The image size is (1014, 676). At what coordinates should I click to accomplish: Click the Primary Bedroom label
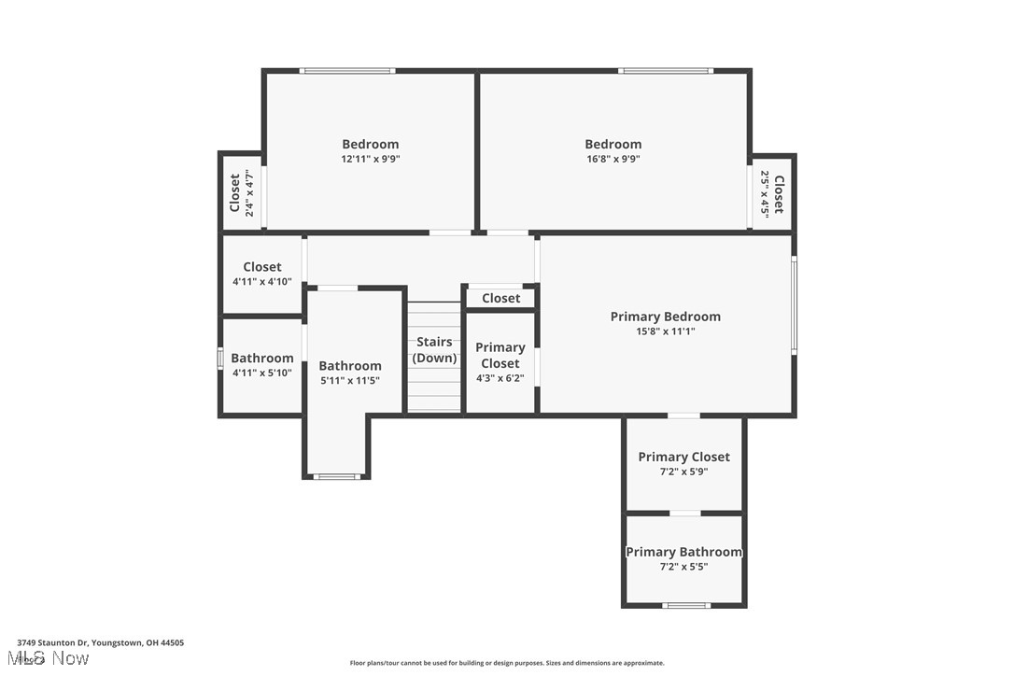(x=665, y=317)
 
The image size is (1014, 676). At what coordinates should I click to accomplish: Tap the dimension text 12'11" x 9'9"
(x=370, y=159)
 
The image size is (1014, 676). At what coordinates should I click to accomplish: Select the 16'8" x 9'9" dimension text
(x=613, y=159)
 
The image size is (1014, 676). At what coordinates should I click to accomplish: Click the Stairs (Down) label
(x=434, y=350)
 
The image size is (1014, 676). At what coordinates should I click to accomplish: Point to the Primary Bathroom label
(x=683, y=552)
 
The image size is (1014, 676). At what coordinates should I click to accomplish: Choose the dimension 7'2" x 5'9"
(x=683, y=472)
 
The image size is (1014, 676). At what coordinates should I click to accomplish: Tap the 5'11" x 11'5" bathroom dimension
(x=350, y=380)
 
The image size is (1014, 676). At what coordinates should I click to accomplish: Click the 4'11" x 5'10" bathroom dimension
(x=261, y=373)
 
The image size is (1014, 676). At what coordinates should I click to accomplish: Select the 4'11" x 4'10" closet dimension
(x=261, y=281)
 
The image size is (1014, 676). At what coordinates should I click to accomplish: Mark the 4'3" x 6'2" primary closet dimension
(x=500, y=378)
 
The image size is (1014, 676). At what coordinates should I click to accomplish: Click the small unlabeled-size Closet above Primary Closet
(x=500, y=298)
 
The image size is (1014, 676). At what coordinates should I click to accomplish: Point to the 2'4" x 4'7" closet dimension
(x=249, y=193)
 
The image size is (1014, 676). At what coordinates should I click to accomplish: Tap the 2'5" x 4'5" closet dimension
(x=765, y=193)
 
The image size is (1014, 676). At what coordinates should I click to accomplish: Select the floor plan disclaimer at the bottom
(x=507, y=663)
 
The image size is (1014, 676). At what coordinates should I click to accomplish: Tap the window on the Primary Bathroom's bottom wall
(x=685, y=606)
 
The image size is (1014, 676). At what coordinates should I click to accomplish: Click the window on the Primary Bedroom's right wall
(x=794, y=305)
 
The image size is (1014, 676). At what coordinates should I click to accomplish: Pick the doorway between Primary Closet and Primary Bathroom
(x=684, y=513)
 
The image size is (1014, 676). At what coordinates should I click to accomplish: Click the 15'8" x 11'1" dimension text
(x=665, y=331)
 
